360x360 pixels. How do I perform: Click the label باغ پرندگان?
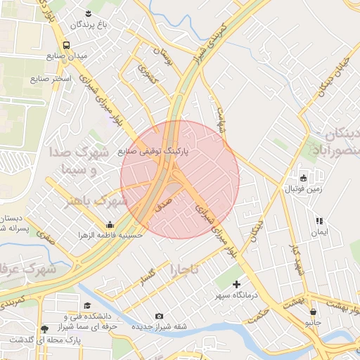click(x=90, y=25)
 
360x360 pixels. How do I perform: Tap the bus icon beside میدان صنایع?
click(x=66, y=45)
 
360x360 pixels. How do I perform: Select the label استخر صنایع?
click(x=51, y=78)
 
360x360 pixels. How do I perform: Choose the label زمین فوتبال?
click(x=303, y=188)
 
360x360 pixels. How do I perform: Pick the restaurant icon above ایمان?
click(x=320, y=221)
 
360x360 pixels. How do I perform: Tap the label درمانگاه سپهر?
click(x=236, y=296)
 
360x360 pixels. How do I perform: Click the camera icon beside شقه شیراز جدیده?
click(x=159, y=316)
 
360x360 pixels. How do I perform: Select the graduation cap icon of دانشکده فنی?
click(x=87, y=305)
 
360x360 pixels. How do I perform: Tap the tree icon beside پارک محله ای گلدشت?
click(x=45, y=328)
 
